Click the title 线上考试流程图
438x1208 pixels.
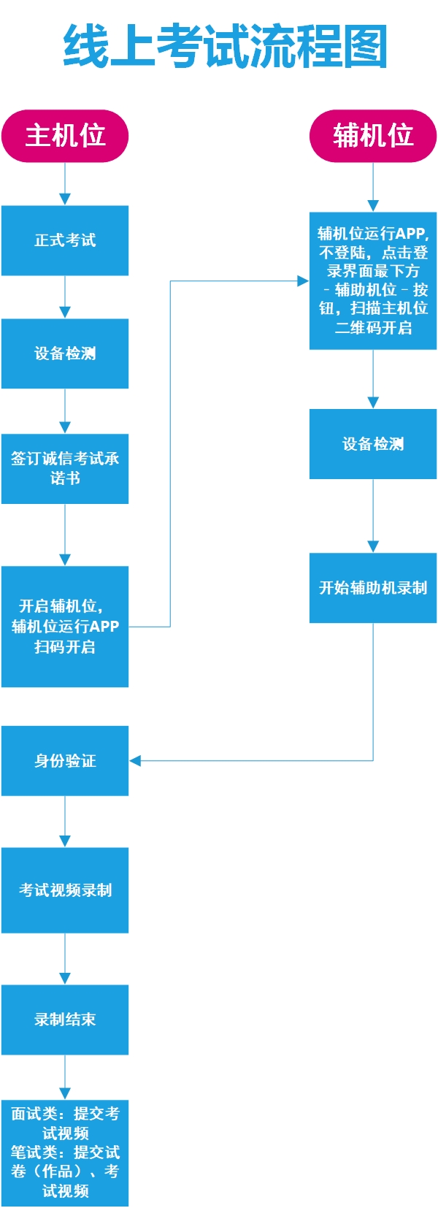225,46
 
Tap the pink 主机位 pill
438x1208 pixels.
65,136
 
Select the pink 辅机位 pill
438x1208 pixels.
373,136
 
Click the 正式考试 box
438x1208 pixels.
65,240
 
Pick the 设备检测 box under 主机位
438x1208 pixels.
65,353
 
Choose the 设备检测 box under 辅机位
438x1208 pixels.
373,444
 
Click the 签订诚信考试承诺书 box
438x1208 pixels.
65,469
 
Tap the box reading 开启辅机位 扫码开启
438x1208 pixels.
65,627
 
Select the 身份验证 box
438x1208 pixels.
65,761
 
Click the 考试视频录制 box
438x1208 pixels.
65,890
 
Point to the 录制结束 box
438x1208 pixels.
65,1020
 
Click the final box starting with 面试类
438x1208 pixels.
65,1152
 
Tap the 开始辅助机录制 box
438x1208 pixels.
373,588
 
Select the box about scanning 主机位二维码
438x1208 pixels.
373,281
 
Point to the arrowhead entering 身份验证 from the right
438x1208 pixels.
135,761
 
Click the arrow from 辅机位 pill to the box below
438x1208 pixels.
373,188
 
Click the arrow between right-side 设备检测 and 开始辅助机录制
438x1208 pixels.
373,516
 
